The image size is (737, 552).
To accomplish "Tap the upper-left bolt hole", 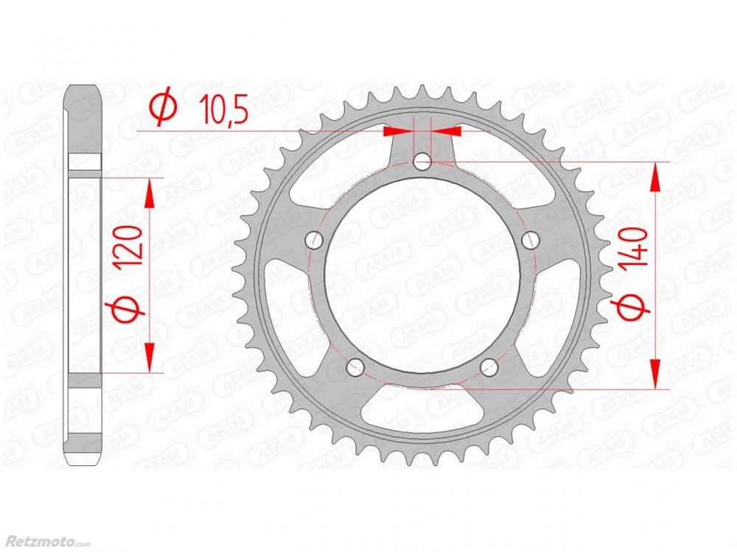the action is coord(314,241).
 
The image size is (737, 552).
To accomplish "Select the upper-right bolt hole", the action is coord(530,241).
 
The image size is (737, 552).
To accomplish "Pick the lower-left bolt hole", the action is coord(355,367).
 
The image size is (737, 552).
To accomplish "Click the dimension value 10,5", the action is coord(223,110).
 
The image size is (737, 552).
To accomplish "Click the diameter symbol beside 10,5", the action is coord(163,108).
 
